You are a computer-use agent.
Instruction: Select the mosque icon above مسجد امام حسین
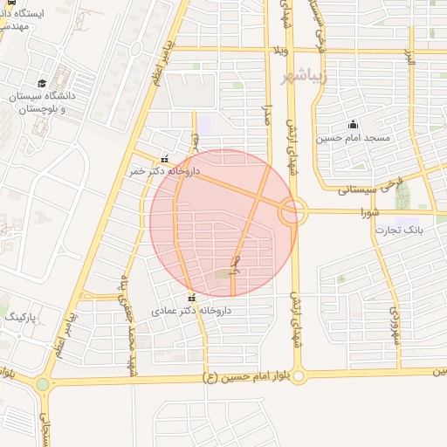pos(353,125)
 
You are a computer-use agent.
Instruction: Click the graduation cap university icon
pos(41,83)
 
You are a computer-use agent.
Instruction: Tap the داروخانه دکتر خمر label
pos(165,172)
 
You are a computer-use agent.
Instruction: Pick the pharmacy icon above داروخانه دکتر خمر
pos(165,159)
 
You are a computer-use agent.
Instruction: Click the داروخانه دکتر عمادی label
pos(189,311)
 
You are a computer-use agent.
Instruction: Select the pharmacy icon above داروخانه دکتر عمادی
pos(193,298)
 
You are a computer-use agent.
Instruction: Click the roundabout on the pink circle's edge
pos(293,210)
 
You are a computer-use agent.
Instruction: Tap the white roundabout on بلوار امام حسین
pos(299,376)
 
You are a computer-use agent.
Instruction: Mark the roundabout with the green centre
pos(43,384)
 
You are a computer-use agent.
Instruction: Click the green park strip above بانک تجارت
pos(402,197)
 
